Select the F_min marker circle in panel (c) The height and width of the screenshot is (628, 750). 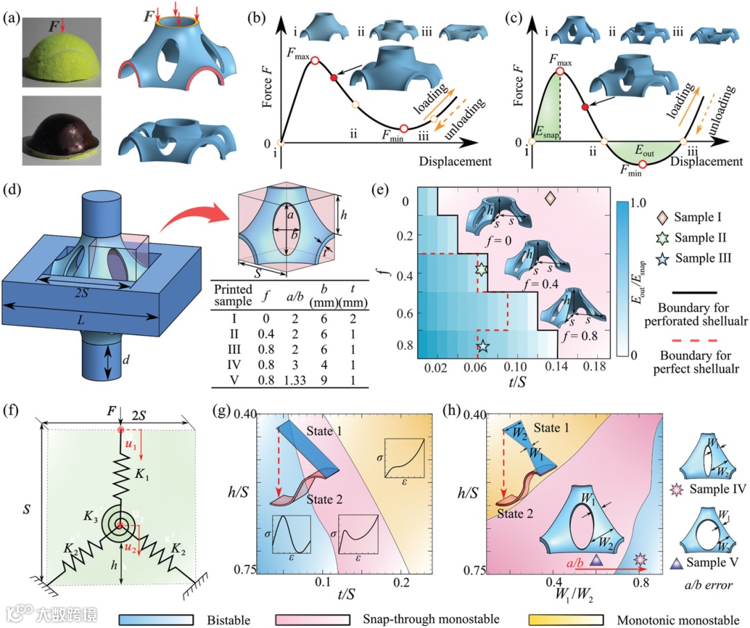pos(642,164)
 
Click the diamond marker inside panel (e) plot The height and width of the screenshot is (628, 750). pos(550,199)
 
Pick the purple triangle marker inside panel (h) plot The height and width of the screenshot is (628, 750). pos(594,560)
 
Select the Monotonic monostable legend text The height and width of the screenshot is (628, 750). pos(672,616)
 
